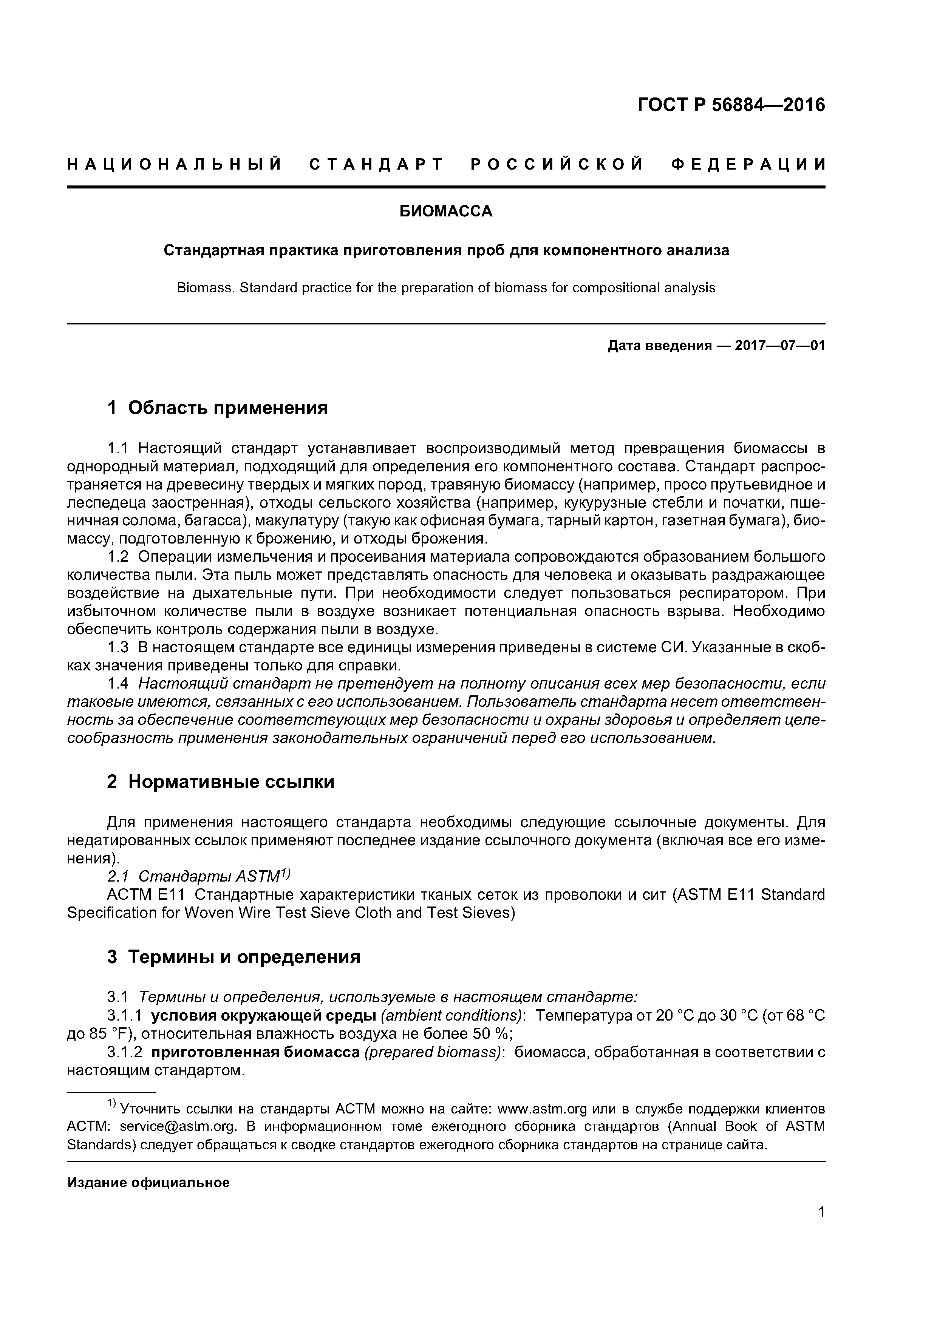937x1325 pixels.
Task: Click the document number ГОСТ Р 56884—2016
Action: click(731, 105)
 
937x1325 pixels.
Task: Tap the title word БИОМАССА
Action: click(446, 212)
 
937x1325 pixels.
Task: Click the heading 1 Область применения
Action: click(217, 408)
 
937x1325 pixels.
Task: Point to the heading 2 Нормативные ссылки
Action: click(221, 782)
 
